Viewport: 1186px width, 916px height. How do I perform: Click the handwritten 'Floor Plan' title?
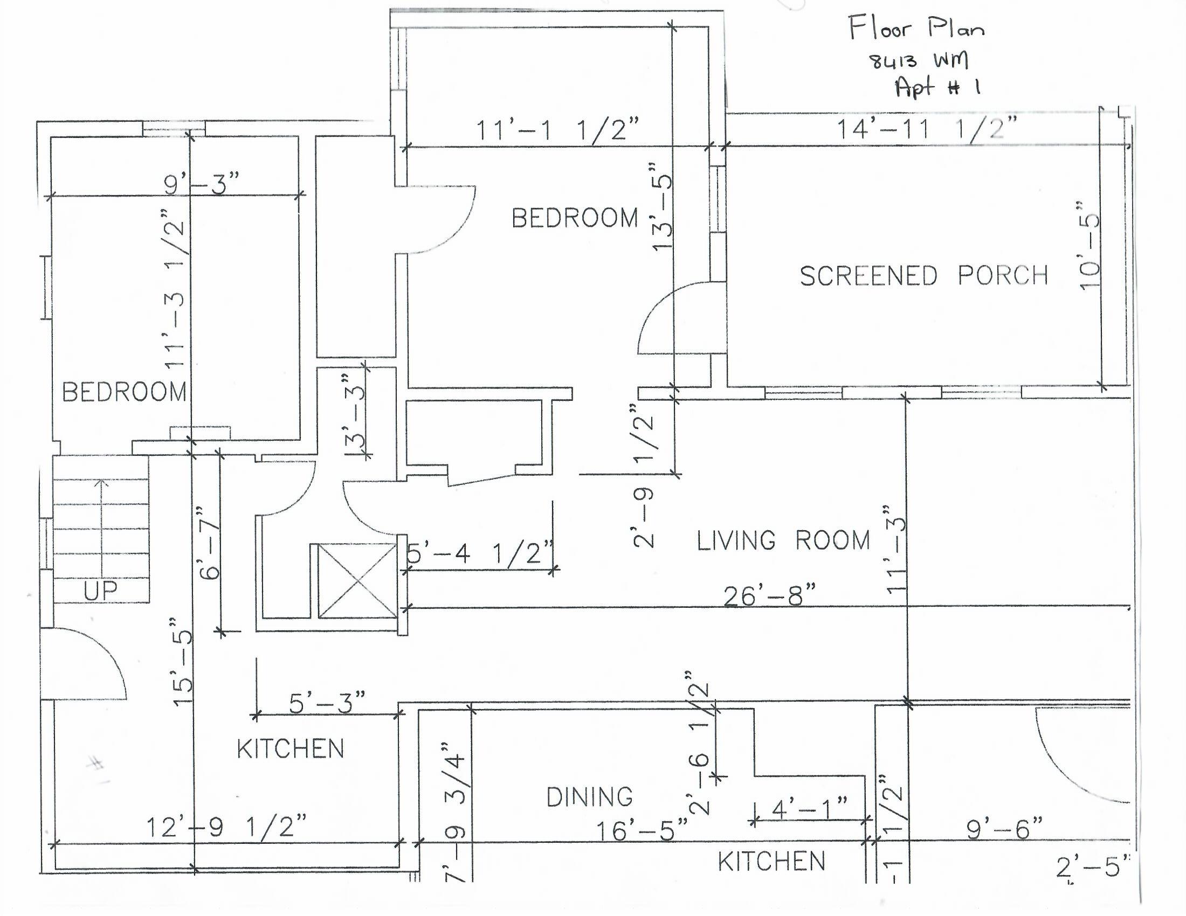click(916, 28)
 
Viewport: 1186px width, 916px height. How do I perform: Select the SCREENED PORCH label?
click(923, 276)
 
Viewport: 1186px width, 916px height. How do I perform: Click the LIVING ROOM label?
click(783, 541)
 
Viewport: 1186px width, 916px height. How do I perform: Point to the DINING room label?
click(589, 797)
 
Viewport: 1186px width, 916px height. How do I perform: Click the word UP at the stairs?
click(100, 591)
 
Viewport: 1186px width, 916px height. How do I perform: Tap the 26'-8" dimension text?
click(769, 596)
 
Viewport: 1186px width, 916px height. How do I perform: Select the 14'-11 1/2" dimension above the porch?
click(926, 129)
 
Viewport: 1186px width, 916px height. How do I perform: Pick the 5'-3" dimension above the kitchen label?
click(326, 703)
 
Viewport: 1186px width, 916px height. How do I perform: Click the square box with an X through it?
click(357, 581)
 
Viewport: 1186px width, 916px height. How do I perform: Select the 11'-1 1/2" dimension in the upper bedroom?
click(557, 130)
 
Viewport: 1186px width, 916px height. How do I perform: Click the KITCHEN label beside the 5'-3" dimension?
click(291, 750)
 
